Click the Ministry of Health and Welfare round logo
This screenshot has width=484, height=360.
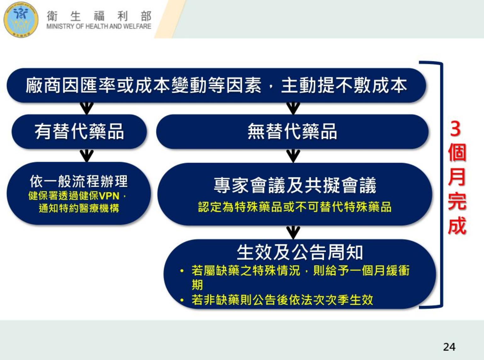[21, 20]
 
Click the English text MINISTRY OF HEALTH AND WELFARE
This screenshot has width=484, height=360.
[99, 26]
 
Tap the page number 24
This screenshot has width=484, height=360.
[449, 347]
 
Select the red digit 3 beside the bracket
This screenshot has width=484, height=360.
[456, 129]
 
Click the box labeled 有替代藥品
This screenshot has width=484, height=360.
[79, 131]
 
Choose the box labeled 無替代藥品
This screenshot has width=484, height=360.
[292, 131]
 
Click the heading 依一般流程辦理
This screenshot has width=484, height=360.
[79, 181]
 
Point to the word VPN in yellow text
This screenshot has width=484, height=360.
[109, 196]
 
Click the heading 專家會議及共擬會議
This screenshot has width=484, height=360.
[295, 186]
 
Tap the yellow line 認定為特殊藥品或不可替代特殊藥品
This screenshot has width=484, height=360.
[295, 207]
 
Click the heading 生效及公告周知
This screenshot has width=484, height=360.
[300, 252]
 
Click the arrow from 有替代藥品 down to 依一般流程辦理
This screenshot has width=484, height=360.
[87, 156]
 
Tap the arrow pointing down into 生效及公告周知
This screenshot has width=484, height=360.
[293, 233]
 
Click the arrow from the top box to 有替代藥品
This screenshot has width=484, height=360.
[87, 108]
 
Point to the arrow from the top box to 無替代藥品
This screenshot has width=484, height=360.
[293, 108]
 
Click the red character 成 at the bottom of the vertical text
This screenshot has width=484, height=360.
[457, 226]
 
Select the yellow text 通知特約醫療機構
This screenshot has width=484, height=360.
[79, 208]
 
